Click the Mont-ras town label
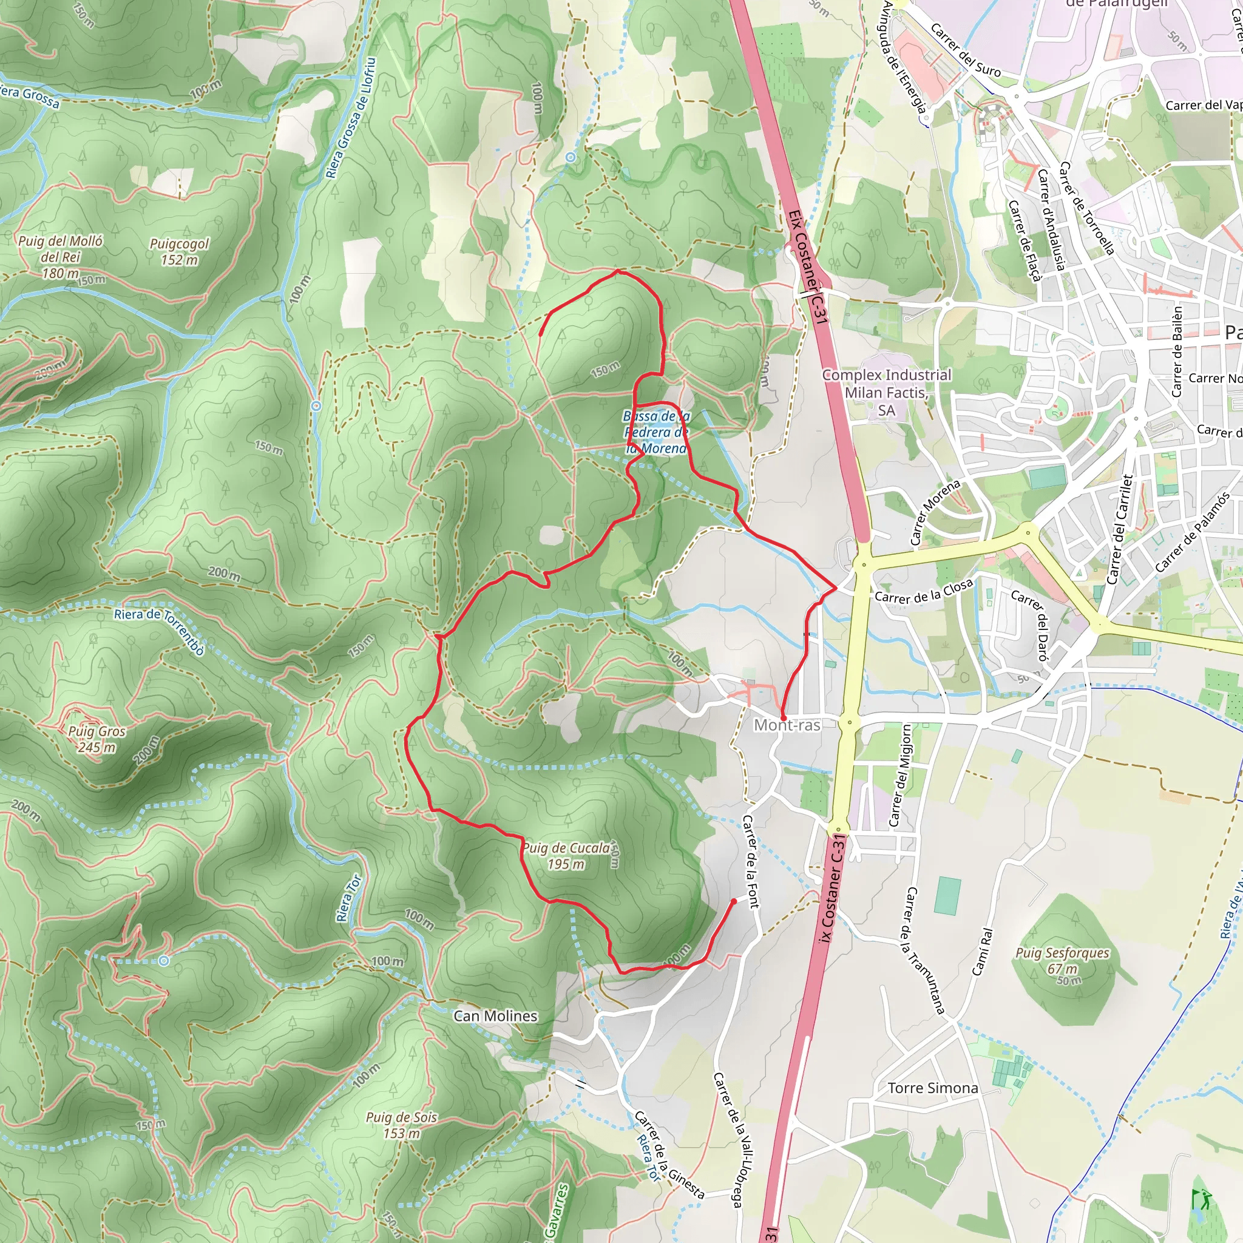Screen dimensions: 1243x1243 point(787,725)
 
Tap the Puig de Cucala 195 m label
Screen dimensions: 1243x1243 point(566,856)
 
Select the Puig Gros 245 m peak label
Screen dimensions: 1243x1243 point(97,739)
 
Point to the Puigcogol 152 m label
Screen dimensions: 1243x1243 point(179,251)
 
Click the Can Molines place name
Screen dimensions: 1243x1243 point(495,1016)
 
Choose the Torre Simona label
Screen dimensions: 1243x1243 point(933,1088)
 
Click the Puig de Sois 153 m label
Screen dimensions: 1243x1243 point(401,1125)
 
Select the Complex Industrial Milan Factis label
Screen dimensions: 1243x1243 point(886,393)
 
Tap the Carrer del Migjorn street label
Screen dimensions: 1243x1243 point(900,774)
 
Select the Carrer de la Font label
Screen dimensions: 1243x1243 point(751,862)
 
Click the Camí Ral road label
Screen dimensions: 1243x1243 point(982,952)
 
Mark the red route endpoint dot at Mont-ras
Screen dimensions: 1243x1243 point(783,717)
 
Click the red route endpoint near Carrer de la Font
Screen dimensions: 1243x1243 point(733,901)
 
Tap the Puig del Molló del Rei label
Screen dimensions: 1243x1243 point(60,257)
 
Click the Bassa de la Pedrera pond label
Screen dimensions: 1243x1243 point(656,432)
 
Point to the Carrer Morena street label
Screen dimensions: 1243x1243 point(935,512)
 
